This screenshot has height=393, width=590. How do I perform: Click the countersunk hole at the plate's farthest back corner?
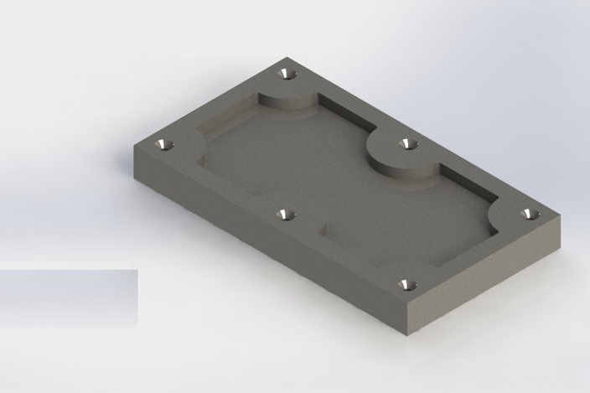[x=287, y=74]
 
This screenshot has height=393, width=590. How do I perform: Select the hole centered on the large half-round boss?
[x=408, y=144]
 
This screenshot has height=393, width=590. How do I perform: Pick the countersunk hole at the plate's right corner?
[x=529, y=214]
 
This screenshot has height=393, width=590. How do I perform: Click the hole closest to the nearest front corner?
[x=406, y=285]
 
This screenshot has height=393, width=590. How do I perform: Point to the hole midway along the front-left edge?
[x=287, y=215]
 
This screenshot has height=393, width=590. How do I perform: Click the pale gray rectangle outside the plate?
[x=68, y=297]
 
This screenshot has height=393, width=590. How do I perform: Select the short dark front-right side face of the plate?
[x=486, y=277]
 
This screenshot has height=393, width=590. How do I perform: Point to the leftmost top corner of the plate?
[x=134, y=146]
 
